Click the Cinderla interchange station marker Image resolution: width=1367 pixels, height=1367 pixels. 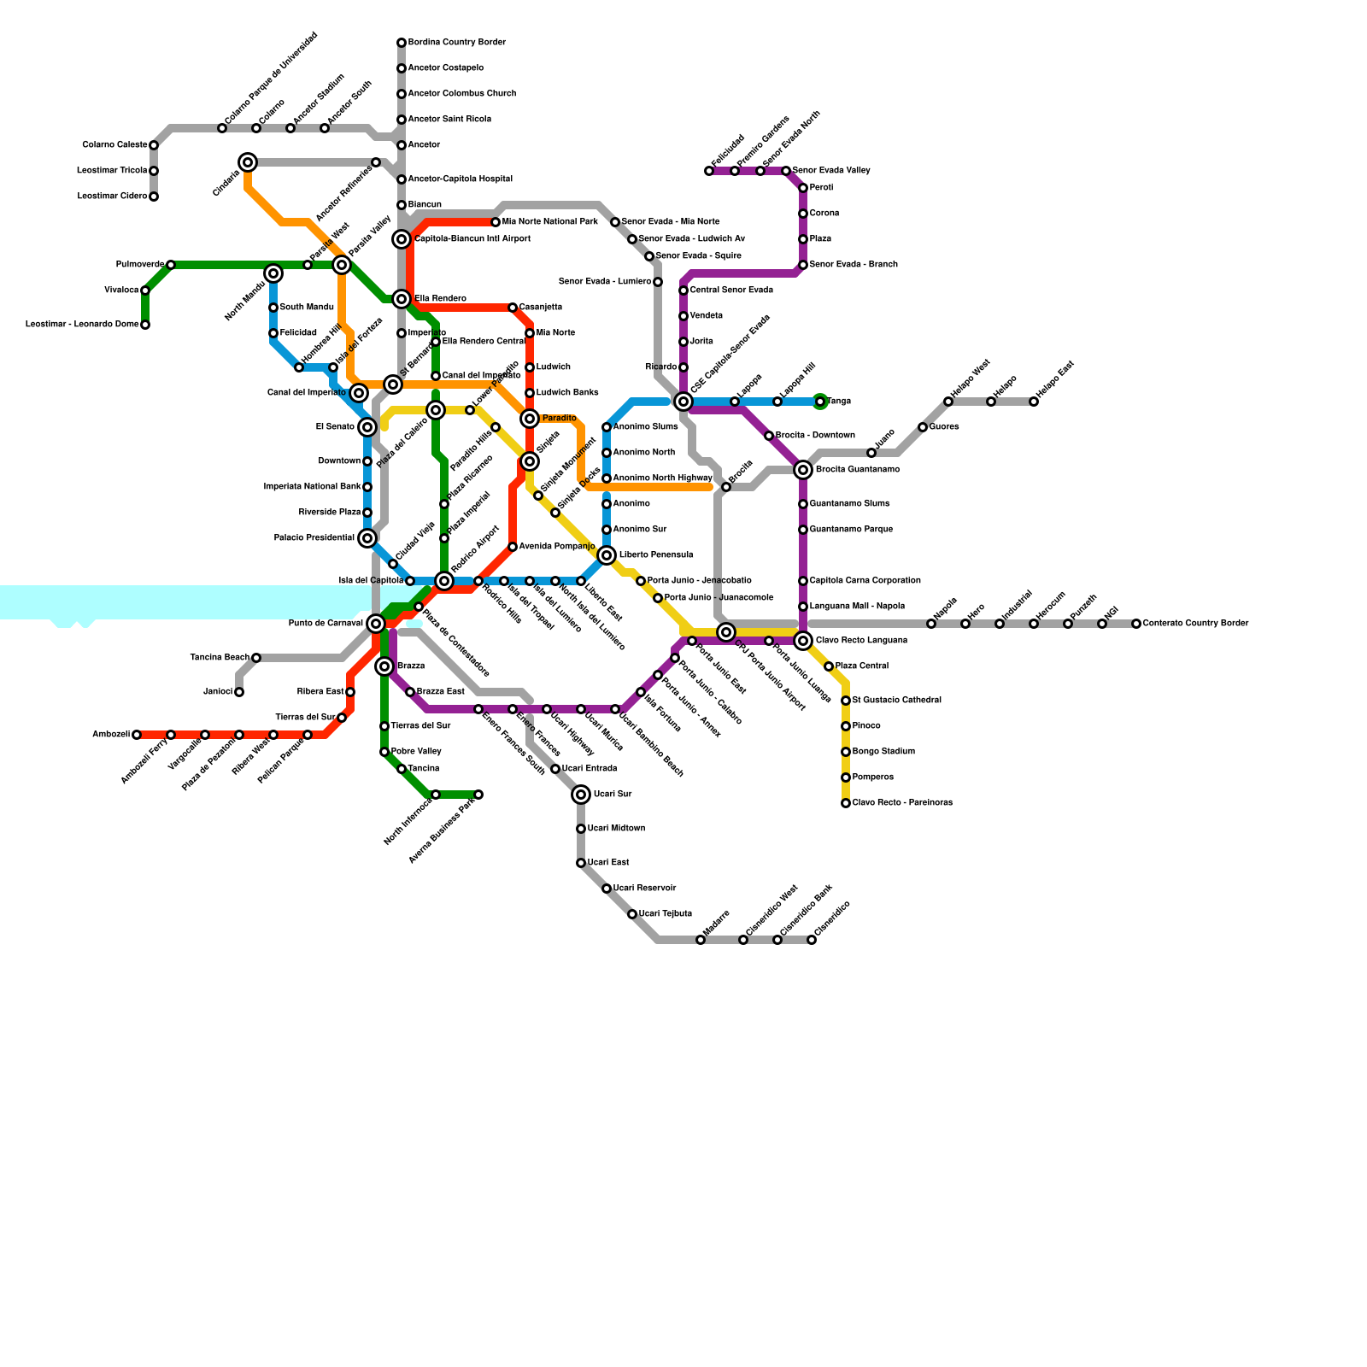tap(248, 162)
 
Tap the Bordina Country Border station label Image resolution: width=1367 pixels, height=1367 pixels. tap(456, 43)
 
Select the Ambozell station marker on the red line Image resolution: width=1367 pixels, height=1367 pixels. tap(137, 735)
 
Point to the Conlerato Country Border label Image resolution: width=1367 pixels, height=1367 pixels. tap(1195, 624)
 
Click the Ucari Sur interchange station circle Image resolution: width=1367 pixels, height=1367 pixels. tap(581, 795)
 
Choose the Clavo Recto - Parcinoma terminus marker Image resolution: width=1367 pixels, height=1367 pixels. tap(846, 803)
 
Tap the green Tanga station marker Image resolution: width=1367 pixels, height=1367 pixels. tap(820, 402)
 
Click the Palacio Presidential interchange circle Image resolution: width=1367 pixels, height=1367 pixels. tap(367, 538)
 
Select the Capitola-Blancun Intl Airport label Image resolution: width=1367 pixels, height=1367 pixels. tap(472, 239)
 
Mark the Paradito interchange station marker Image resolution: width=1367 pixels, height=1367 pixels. tap(530, 419)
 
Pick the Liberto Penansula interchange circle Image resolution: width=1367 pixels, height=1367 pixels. tap(607, 555)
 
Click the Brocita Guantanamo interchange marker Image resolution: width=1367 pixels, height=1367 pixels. tap(803, 470)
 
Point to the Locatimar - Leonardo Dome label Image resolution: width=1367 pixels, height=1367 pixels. tap(82, 325)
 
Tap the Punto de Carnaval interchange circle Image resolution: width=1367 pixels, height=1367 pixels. tap(376, 624)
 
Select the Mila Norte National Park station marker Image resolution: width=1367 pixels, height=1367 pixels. tap(496, 222)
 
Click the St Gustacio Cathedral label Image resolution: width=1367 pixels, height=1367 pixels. tap(896, 701)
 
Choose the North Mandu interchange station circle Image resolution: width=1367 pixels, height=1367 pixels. tap(273, 273)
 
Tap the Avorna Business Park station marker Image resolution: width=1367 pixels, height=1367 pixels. tap(478, 795)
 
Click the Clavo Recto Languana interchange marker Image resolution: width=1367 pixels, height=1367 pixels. tap(803, 641)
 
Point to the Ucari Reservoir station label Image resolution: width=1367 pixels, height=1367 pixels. tap(644, 889)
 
